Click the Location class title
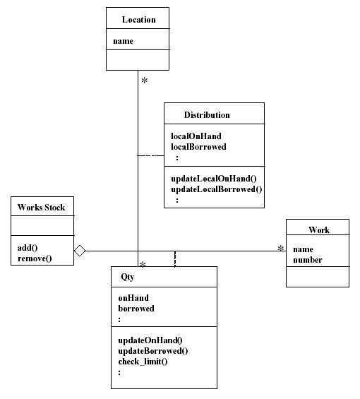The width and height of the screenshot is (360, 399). click(x=138, y=20)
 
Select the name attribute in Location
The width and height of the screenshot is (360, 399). click(x=123, y=41)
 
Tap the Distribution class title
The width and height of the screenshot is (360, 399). click(x=207, y=115)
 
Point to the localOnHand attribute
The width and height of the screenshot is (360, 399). click(x=196, y=136)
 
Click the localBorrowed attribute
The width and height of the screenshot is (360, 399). click(x=198, y=147)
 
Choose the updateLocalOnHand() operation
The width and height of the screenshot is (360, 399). click(x=214, y=179)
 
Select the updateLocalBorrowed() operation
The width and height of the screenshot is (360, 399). click(x=217, y=189)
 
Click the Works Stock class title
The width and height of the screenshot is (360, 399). click(x=41, y=208)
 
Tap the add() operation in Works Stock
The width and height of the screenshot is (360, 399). click(x=28, y=248)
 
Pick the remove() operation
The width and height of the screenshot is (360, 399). click(x=35, y=258)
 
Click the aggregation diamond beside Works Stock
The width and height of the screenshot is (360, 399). click(x=80, y=251)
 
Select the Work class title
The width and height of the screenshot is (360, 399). click(x=319, y=230)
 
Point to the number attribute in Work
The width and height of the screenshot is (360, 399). click(x=308, y=260)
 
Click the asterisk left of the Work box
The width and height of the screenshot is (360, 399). click(x=281, y=248)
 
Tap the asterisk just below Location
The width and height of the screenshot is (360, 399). click(x=145, y=81)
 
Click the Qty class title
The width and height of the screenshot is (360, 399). click(x=128, y=277)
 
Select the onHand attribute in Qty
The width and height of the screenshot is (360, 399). click(x=133, y=298)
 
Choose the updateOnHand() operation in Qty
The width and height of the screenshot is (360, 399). click(x=150, y=340)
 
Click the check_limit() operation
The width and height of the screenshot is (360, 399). click(x=143, y=362)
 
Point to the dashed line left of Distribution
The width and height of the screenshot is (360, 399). click(x=150, y=155)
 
